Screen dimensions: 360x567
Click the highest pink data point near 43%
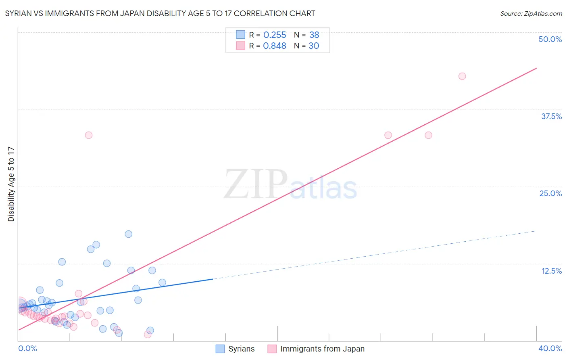462,76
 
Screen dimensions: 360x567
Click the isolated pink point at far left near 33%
89,135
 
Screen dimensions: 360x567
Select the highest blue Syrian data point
129,234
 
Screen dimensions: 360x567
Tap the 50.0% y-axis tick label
550,39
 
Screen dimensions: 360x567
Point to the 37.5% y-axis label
551,116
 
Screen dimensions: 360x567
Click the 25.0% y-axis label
550,193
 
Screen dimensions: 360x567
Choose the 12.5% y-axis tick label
551,271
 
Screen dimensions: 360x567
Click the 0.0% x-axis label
27,348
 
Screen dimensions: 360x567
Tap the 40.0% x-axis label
550,348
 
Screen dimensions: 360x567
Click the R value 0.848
275,46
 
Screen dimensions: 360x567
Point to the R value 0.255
275,35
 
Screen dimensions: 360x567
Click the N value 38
314,35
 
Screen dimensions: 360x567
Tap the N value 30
314,46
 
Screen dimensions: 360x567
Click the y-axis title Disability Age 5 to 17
11,184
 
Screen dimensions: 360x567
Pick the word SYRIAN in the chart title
18,13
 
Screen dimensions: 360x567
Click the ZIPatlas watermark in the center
290,185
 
